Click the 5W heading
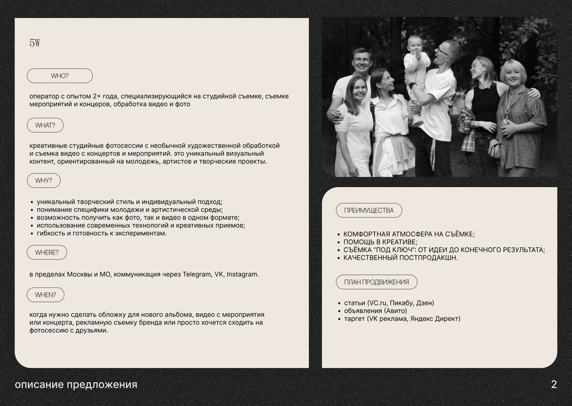pyautogui.click(x=35, y=43)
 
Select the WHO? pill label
pyautogui.click(x=60, y=76)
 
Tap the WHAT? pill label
pyautogui.click(x=45, y=125)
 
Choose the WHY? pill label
pyautogui.click(x=44, y=181)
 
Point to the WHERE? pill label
pyautogui.click(x=47, y=253)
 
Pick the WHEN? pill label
pyautogui.click(x=46, y=295)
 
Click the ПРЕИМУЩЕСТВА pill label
pyautogui.click(x=369, y=211)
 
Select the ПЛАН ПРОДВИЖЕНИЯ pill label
pyautogui.click(x=376, y=282)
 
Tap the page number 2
pyautogui.click(x=554, y=384)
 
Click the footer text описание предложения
pyautogui.click(x=76, y=384)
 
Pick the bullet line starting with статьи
pyautogui.click(x=388, y=302)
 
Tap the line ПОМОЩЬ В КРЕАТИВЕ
pyautogui.click(x=380, y=242)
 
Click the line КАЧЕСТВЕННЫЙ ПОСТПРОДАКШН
pyautogui.click(x=400, y=258)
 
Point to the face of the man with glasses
pyautogui.click(x=447, y=52)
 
